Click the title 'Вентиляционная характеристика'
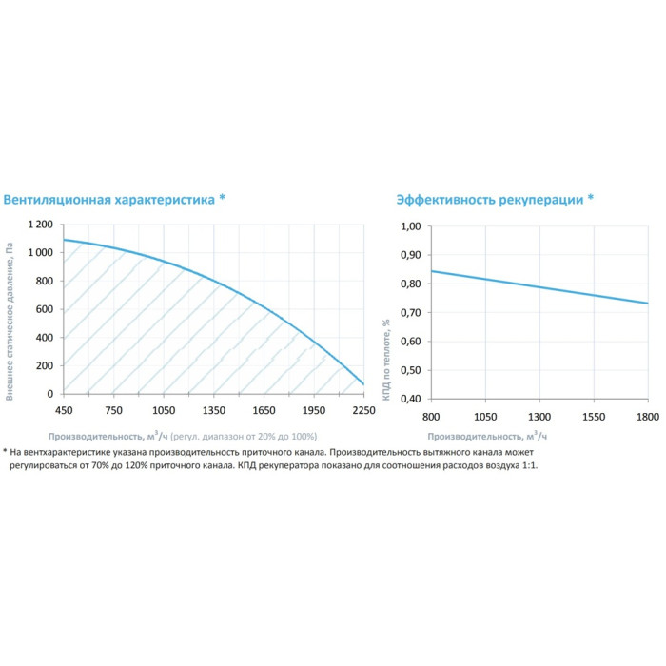(109, 200)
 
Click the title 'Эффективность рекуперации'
(489, 200)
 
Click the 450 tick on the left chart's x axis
(64, 411)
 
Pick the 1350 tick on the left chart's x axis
(214, 411)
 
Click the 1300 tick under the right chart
(539, 417)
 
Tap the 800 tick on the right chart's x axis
(431, 417)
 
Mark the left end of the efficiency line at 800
(431, 271)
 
